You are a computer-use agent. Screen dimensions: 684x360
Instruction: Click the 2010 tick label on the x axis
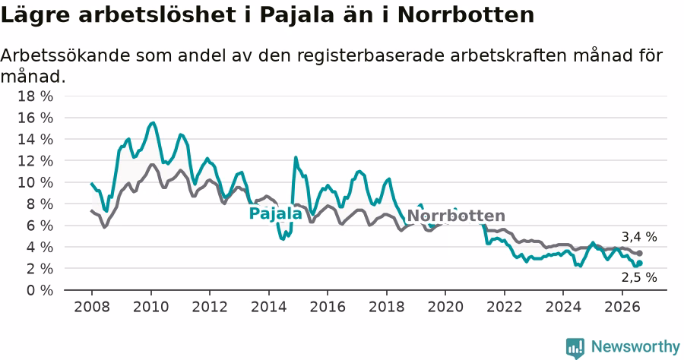(150, 307)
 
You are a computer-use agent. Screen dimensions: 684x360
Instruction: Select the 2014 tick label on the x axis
(269, 307)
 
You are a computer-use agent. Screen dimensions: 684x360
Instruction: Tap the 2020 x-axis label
(445, 307)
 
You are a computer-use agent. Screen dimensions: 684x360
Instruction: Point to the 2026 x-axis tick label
(622, 307)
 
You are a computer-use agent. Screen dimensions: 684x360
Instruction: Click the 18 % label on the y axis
(35, 96)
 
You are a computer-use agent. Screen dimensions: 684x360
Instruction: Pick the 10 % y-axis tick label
(35, 182)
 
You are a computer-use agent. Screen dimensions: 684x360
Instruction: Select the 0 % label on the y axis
(40, 290)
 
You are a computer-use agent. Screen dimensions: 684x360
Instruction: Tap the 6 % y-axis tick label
(40, 226)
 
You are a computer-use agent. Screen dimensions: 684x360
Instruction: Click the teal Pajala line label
(275, 213)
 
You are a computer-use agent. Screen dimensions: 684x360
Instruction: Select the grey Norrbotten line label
(456, 216)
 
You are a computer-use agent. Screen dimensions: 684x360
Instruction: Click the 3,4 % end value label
(639, 237)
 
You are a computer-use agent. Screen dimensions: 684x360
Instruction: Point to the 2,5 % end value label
(639, 277)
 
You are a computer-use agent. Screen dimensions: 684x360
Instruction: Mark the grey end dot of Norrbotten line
(639, 253)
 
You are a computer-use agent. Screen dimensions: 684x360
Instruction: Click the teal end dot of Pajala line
(639, 263)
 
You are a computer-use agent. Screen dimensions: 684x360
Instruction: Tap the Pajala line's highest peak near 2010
(152, 123)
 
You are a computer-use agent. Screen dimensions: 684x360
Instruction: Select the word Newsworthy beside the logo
(635, 347)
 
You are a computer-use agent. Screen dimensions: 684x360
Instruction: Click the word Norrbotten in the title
(466, 15)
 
